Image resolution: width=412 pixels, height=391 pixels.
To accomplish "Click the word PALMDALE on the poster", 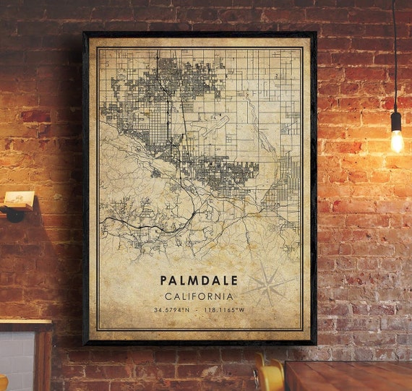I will click(199, 280).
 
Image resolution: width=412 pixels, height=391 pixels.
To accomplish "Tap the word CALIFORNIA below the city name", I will click(199, 296).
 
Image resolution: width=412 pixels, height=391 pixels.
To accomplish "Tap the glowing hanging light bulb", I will click(396, 141).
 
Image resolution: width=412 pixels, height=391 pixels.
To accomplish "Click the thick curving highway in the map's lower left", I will click(145, 225).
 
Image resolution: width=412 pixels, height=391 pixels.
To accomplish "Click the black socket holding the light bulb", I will click(395, 121).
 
